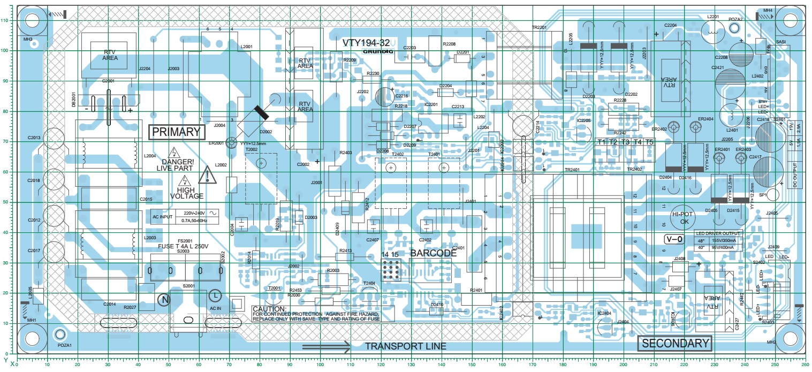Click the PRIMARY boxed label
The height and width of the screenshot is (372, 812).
pyautogui.click(x=176, y=132)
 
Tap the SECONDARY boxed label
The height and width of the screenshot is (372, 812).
pyautogui.click(x=675, y=343)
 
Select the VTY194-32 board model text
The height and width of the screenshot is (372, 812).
pyautogui.click(x=366, y=42)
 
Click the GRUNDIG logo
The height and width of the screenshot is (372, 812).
pyautogui.click(x=378, y=51)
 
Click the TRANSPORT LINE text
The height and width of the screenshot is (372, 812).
pyautogui.click(x=405, y=346)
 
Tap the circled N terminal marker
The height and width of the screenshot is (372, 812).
pyautogui.click(x=165, y=299)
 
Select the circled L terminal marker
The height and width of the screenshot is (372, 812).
pyautogui.click(x=215, y=295)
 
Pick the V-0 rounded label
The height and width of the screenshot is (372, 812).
pyautogui.click(x=673, y=239)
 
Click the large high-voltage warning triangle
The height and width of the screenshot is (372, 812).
pyautogui.click(x=206, y=174)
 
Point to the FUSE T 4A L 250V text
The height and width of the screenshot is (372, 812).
pyautogui.click(x=178, y=246)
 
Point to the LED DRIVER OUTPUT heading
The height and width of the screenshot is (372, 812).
pyautogui.click(x=718, y=234)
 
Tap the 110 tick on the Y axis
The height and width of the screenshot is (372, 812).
pyautogui.click(x=5, y=20)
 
